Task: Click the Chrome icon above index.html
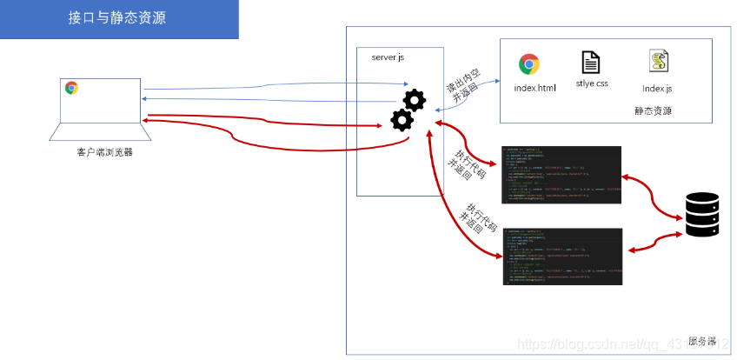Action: point(528,64)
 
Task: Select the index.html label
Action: point(534,88)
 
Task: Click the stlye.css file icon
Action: point(590,63)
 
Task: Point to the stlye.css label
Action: point(591,84)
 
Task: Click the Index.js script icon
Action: point(657,63)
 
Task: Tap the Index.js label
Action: point(657,88)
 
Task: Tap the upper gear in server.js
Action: point(415,100)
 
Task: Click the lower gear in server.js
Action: point(402,118)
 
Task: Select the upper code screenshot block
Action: point(561,169)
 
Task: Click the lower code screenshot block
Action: point(561,256)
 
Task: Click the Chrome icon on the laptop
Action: point(71,87)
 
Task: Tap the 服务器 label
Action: point(701,340)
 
